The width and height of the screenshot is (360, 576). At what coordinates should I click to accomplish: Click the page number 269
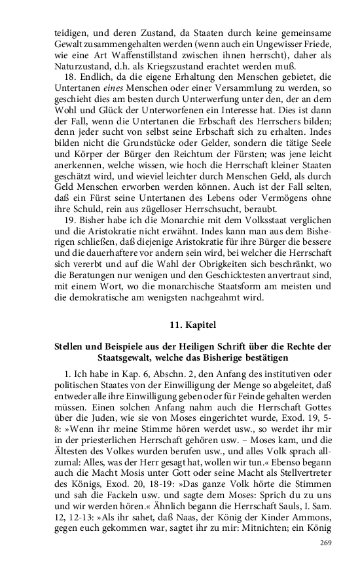(325, 543)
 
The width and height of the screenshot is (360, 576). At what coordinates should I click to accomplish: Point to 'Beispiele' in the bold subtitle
(122, 347)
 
